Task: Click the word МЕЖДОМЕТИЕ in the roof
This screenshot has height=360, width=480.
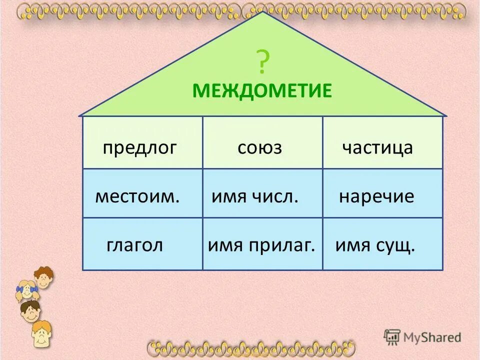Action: [x=262, y=91]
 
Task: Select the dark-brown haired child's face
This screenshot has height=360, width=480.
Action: [x=31, y=312]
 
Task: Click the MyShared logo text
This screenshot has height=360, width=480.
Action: [x=432, y=336]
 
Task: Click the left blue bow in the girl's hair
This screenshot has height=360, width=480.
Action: [x=20, y=288]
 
